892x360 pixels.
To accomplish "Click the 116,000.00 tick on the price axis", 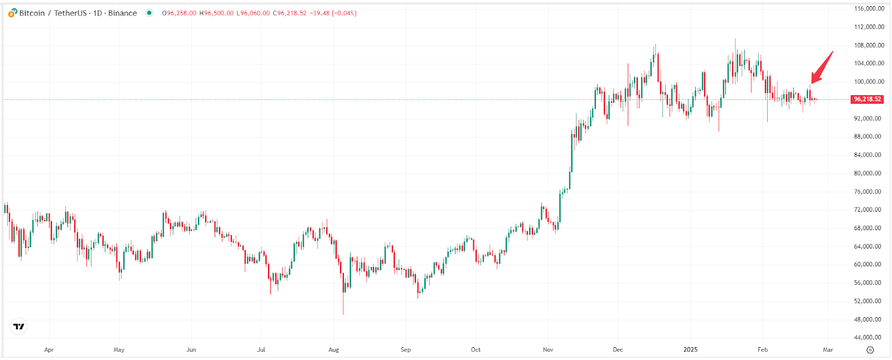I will click(869, 8).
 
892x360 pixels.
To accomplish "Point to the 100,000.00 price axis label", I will click(869, 81).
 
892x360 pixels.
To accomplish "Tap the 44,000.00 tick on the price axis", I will click(869, 337).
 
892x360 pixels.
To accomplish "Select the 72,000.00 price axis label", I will click(869, 210).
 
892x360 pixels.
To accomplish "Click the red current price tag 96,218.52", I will click(867, 99).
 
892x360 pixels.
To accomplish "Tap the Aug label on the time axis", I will click(333, 350).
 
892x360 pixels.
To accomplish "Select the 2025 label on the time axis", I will click(690, 350).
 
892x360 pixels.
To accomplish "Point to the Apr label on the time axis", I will click(49, 350).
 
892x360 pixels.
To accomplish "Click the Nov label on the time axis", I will click(548, 350).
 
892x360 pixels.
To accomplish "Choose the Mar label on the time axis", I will click(828, 350).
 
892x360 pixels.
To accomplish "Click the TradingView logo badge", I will click(19, 327).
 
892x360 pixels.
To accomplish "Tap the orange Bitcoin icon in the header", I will click(12, 13).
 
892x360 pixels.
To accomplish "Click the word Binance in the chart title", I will click(123, 13).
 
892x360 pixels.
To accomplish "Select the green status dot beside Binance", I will click(149, 13).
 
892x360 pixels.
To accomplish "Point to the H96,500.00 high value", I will click(216, 13).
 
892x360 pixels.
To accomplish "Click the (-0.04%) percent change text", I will click(344, 13).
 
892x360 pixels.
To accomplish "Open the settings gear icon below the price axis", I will click(870, 350).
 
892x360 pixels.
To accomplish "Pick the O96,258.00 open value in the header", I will click(179, 13).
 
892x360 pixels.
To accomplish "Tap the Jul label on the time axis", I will click(261, 350).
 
